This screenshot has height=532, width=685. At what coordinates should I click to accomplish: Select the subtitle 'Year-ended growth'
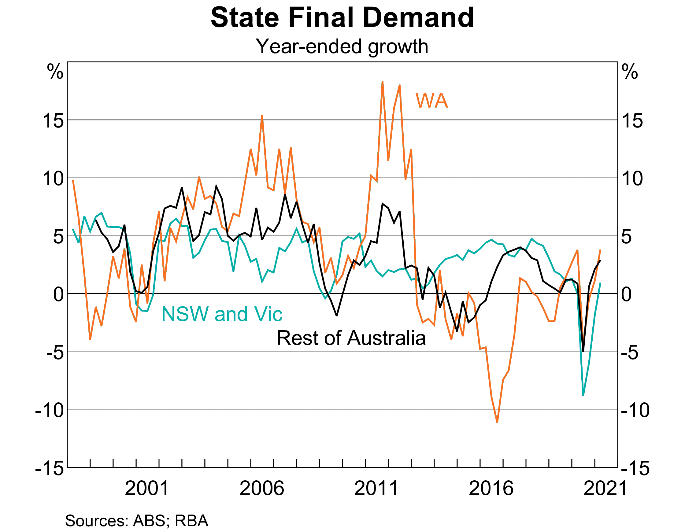tap(342, 46)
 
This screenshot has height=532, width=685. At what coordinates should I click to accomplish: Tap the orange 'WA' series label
tap(431, 101)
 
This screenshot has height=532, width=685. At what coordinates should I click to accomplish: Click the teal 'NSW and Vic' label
tap(222, 314)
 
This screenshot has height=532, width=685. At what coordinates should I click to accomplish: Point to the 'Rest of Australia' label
tap(351, 338)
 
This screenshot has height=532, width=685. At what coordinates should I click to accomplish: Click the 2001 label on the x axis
tap(147, 489)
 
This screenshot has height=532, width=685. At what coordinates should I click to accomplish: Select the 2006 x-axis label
tap(261, 489)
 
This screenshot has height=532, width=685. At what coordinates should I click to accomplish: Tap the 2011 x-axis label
tap(376, 489)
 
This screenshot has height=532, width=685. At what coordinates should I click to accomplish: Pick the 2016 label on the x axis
tap(491, 489)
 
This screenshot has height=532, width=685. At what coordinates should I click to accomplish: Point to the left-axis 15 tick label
tap(53, 120)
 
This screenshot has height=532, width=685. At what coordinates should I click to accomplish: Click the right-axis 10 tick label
tap(632, 179)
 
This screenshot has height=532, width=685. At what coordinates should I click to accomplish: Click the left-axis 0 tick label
tap(58, 295)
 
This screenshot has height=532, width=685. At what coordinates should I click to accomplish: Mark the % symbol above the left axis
tap(55, 72)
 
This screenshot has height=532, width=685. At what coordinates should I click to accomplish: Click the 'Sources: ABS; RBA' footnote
tap(136, 521)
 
